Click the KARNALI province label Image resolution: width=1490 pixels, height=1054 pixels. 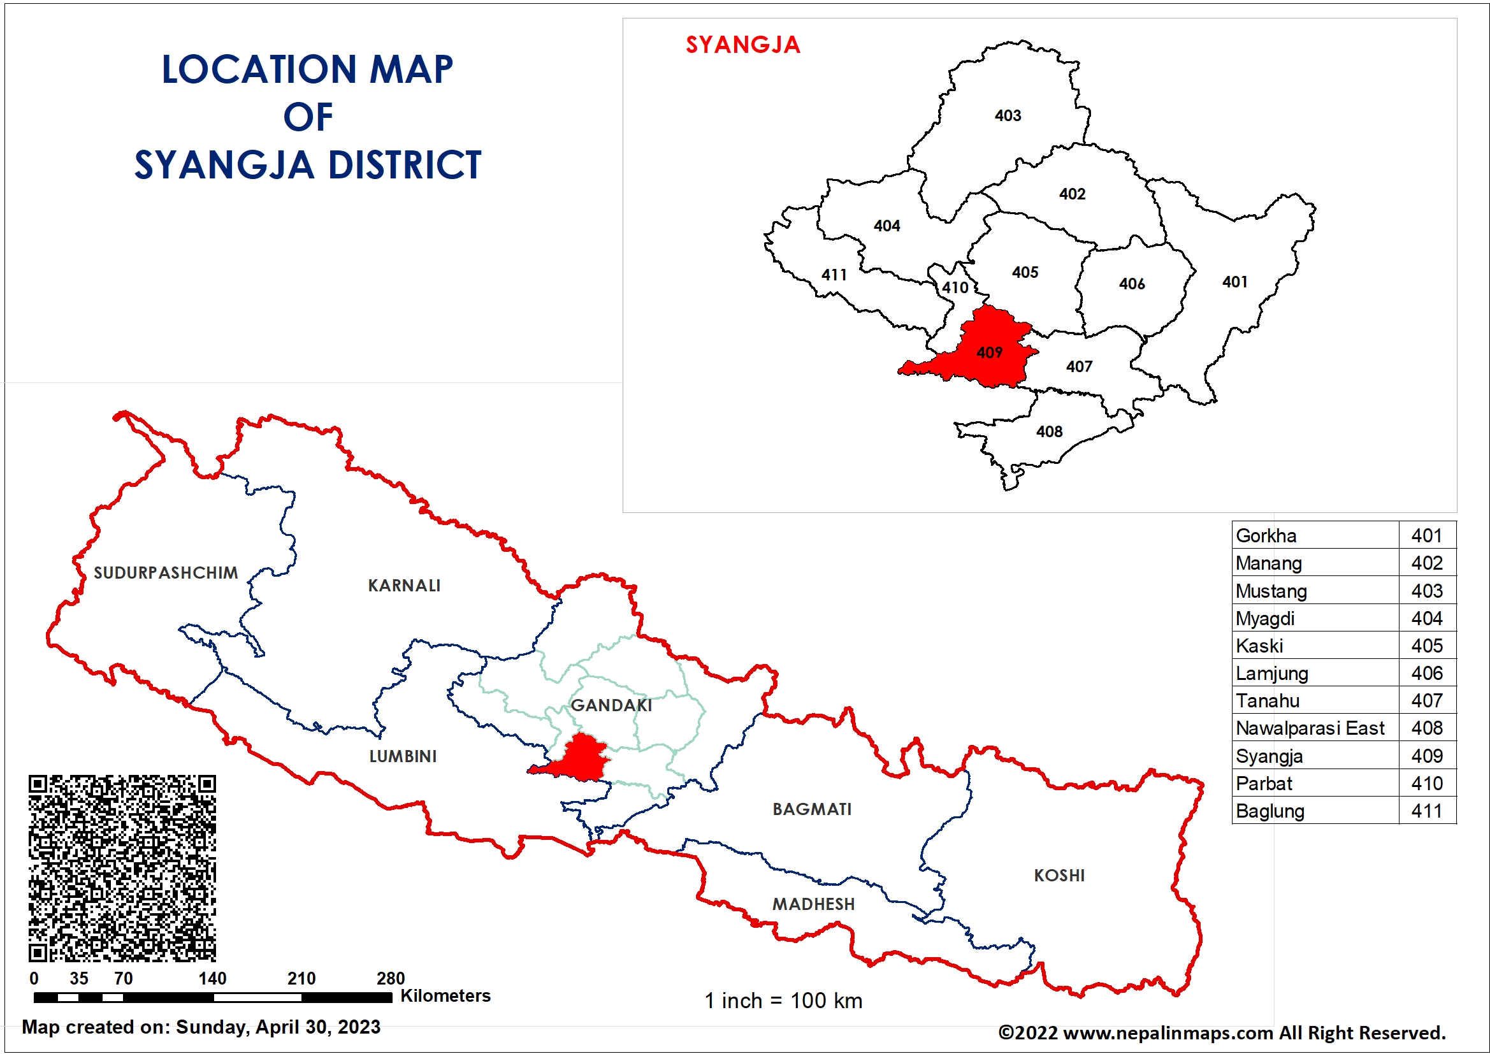click(403, 586)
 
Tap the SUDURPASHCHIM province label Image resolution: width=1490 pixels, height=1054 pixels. click(166, 572)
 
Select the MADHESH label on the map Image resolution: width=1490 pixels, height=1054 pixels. click(813, 904)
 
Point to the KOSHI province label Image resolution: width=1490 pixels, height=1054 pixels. click(1059, 875)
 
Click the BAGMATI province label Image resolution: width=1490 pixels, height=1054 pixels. click(811, 809)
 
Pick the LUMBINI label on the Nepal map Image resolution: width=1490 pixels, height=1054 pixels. click(402, 756)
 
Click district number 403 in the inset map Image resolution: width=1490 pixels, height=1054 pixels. click(1007, 115)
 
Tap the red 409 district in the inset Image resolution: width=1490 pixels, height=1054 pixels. click(989, 352)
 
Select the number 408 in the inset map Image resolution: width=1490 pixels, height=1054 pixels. click(1049, 431)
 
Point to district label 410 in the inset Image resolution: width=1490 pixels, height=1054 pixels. click(955, 287)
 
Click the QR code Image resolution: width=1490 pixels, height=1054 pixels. click(122, 868)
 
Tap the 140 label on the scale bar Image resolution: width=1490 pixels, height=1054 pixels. click(212, 978)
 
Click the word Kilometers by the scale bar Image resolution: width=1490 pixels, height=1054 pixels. click(445, 995)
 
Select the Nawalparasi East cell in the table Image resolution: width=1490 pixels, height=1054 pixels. click(1310, 728)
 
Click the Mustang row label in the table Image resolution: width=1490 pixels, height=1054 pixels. click(1271, 591)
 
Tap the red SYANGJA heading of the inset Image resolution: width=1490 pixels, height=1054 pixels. click(742, 45)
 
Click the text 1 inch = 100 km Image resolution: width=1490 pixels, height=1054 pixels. click(783, 1000)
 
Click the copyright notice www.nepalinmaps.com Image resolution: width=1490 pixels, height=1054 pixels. click(1221, 1032)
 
